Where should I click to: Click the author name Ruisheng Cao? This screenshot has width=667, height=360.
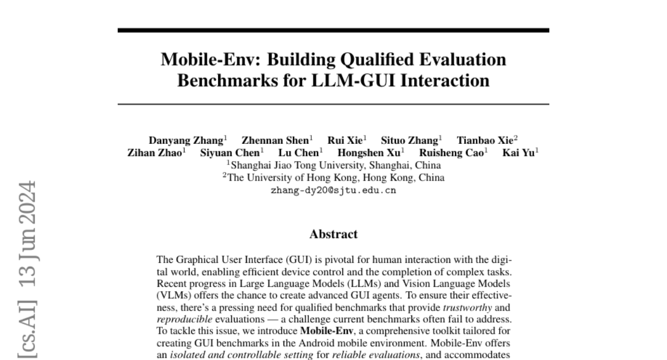451,153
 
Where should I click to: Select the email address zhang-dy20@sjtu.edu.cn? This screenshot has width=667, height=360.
333,190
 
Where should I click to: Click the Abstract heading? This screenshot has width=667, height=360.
333,234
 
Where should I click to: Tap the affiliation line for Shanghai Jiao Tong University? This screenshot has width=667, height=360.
333,165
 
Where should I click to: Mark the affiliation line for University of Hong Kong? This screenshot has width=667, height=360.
333,178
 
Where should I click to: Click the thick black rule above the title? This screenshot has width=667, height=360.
333,30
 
